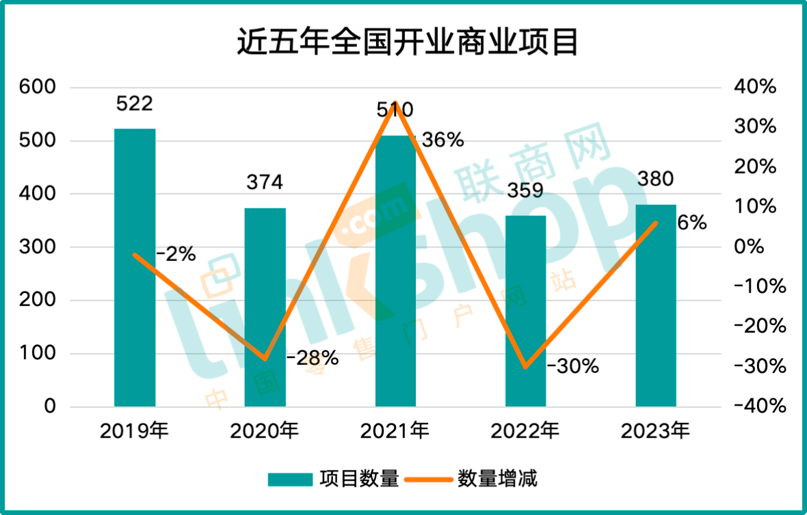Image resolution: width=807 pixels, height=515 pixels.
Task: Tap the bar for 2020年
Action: pyautogui.click(x=265, y=307)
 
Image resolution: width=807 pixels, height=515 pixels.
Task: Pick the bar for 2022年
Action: pyautogui.click(x=526, y=311)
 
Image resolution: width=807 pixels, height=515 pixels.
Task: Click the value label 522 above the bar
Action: pyautogui.click(x=134, y=104)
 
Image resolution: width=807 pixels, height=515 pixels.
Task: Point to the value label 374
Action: pyautogui.click(x=264, y=182)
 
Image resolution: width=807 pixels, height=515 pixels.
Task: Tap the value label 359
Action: pyautogui.click(x=525, y=190)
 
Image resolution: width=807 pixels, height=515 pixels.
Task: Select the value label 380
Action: pyautogui.click(x=655, y=179)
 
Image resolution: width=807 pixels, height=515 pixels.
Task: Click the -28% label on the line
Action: pyautogui.click(x=312, y=357)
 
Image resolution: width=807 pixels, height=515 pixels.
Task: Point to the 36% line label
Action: pyautogui.click(x=442, y=141)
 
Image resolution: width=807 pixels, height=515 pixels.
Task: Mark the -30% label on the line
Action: pyautogui.click(x=572, y=367)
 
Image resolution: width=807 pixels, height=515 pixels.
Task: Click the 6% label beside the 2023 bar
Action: pyautogui.click(x=691, y=223)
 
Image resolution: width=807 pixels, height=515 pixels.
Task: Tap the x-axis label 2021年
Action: pyautogui.click(x=395, y=431)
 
